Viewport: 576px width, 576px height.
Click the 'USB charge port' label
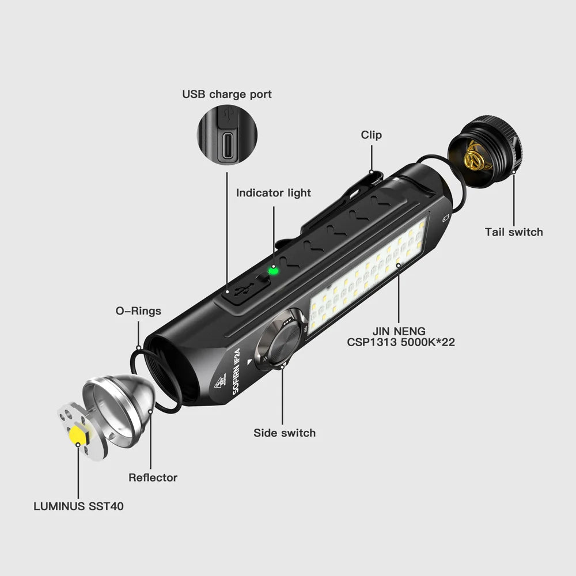click(x=227, y=94)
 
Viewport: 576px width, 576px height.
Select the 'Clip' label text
click(x=372, y=135)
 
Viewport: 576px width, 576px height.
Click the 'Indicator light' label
click(x=274, y=193)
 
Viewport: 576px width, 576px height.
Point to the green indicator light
click(x=274, y=270)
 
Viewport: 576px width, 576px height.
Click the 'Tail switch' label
click(x=514, y=232)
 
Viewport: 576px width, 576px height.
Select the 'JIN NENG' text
click(x=399, y=331)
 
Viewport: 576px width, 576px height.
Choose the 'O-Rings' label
click(x=139, y=311)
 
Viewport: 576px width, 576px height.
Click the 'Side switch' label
click(x=285, y=433)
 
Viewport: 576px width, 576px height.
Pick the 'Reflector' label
click(x=153, y=478)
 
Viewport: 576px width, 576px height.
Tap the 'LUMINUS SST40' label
click(x=78, y=507)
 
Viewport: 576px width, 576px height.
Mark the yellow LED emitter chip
click(x=77, y=435)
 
